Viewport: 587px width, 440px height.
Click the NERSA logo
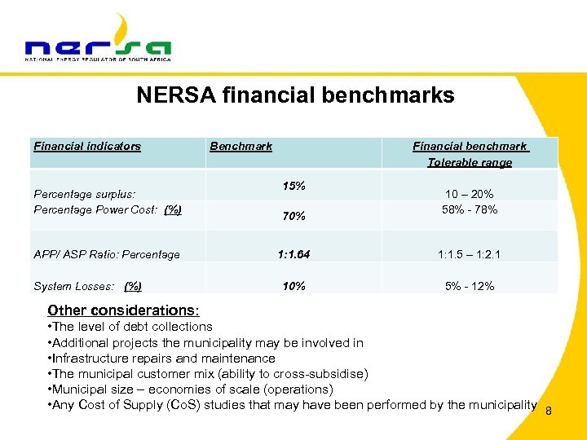pos(98,41)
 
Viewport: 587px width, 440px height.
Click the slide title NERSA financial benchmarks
pos(295,95)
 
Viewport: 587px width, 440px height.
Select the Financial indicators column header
pos(87,147)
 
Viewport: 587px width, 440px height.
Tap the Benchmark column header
pos(241,147)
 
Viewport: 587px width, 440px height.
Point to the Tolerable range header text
pos(470,163)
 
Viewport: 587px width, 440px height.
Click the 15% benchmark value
pos(293,186)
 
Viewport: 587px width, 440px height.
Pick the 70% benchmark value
pos(293,217)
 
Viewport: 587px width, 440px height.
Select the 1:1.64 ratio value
pos(293,254)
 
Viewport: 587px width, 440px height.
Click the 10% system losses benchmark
pos(293,286)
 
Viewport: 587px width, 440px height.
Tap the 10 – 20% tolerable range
pos(470,194)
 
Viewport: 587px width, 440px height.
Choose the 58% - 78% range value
pos(470,210)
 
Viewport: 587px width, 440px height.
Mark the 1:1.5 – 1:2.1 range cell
pos(470,254)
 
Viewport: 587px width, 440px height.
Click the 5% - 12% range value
pos(470,286)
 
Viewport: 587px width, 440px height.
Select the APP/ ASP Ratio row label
pos(107,254)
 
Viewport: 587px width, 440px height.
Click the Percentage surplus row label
pos(84,194)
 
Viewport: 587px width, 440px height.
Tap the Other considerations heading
pos(123,310)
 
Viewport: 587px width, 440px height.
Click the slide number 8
pos(549,411)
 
